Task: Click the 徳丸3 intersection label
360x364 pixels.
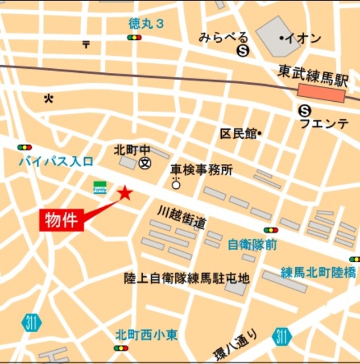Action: pos(146,24)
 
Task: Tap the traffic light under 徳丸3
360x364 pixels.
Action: pos(135,38)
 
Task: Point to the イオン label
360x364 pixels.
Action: pos(301,39)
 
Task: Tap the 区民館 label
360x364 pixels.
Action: pos(238,134)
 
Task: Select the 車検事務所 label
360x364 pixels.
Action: pos(201,169)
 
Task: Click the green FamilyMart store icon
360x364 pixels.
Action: pos(100,187)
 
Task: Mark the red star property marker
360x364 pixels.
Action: pos(125,194)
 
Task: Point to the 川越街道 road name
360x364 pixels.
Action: pos(181,217)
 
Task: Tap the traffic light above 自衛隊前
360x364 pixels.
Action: pos(271,230)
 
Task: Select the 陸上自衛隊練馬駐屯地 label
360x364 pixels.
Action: pos(187,278)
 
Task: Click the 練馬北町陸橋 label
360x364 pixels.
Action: pos(318,273)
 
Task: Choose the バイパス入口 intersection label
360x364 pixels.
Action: pos(56,162)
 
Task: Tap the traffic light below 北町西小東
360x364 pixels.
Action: pos(121,348)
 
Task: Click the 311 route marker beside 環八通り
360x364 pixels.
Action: pos(282,336)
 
